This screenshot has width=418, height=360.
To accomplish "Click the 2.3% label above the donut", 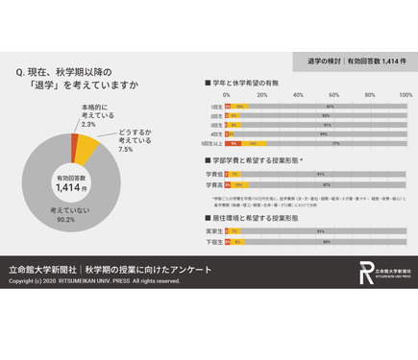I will coord(88,125).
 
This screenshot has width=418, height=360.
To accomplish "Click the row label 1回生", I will coord(215,107).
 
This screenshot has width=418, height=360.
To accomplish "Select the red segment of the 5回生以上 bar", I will coord(233,142).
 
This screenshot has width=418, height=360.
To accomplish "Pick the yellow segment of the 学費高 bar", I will coord(239,183).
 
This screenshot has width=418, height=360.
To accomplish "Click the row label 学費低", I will coord(215,175).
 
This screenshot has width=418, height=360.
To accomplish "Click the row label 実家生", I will coord(215,231).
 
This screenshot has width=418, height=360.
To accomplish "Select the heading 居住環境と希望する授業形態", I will coord(256,219).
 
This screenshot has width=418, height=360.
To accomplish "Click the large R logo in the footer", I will coord(366,273).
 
